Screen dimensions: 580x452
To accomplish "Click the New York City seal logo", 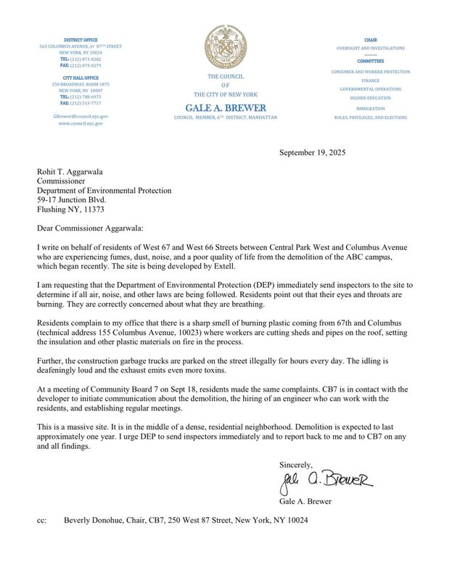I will (225, 47).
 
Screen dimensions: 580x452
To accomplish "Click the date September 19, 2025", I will (313, 153).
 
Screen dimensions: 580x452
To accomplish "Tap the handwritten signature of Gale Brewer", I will (326, 481).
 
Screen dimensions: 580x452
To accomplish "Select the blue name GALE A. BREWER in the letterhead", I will (225, 108).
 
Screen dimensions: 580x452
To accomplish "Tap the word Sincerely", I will (296, 464).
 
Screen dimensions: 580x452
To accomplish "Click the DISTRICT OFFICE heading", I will (81, 39).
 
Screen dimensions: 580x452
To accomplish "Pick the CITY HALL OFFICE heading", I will (81, 77).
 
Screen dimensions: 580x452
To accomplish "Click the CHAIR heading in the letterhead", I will (370, 39).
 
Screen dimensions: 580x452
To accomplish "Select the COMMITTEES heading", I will (370, 62).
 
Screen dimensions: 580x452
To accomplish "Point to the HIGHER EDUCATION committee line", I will (370, 97).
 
